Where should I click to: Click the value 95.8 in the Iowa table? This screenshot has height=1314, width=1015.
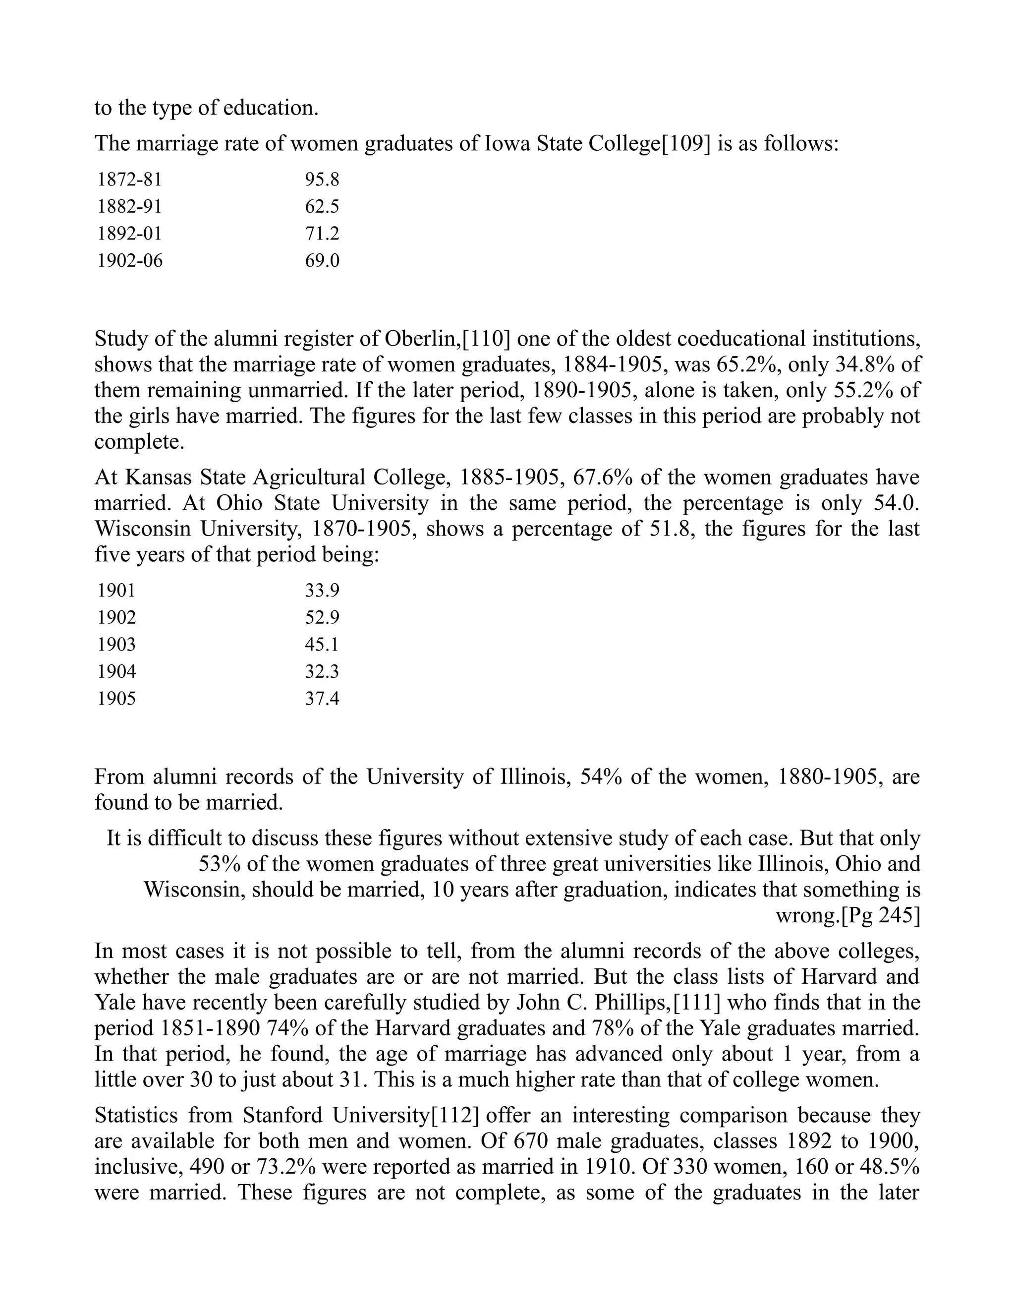pyautogui.click(x=322, y=179)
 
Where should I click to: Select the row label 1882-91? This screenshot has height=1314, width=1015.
pyautogui.click(x=129, y=206)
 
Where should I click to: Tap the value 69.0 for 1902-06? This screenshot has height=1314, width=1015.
pyautogui.click(x=322, y=260)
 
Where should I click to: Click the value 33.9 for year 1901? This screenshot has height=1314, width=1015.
pyautogui.click(x=322, y=590)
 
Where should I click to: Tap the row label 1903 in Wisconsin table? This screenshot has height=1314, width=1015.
pyautogui.click(x=116, y=645)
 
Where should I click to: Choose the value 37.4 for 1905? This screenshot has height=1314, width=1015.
pyautogui.click(x=322, y=699)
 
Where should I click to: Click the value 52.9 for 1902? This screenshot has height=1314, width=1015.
pyautogui.click(x=322, y=617)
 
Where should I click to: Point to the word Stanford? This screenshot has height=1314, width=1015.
pyautogui.click(x=282, y=1115)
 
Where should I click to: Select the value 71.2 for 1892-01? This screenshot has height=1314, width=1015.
pyautogui.click(x=322, y=234)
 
